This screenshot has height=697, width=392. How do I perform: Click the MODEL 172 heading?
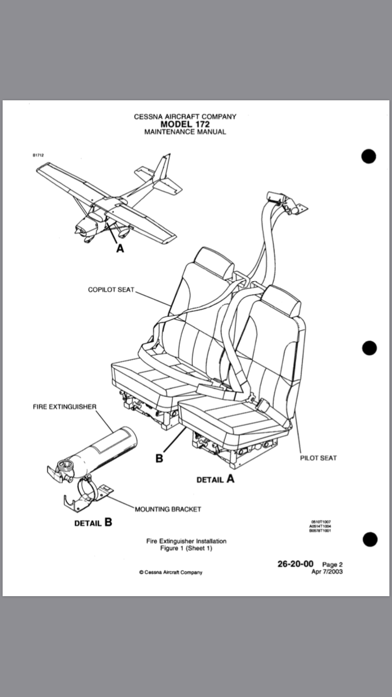tap(185, 124)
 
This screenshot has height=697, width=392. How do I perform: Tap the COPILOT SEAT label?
tap(111, 289)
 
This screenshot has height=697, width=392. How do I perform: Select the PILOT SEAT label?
tap(318, 458)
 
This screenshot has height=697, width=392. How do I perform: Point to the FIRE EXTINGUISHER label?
tap(65, 406)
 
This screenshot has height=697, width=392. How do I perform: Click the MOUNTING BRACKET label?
tap(168, 509)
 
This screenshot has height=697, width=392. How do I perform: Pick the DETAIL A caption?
tap(215, 479)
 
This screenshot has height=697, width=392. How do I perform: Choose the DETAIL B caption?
tap(93, 522)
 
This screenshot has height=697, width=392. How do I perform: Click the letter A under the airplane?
tap(120, 249)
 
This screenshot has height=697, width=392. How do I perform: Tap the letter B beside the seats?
tap(159, 458)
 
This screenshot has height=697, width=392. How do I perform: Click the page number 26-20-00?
tap(295, 564)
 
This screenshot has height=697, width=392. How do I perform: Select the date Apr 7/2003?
tap(327, 571)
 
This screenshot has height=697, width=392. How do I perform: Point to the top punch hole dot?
tap(369, 156)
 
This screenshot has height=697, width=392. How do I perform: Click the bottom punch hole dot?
tap(369, 539)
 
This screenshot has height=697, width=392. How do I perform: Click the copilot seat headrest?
tap(214, 262)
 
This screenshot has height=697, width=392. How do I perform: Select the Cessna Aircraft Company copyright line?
tap(170, 572)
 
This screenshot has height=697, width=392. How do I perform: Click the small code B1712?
tap(38, 155)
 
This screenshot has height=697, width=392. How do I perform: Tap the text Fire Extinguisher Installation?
tap(186, 541)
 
